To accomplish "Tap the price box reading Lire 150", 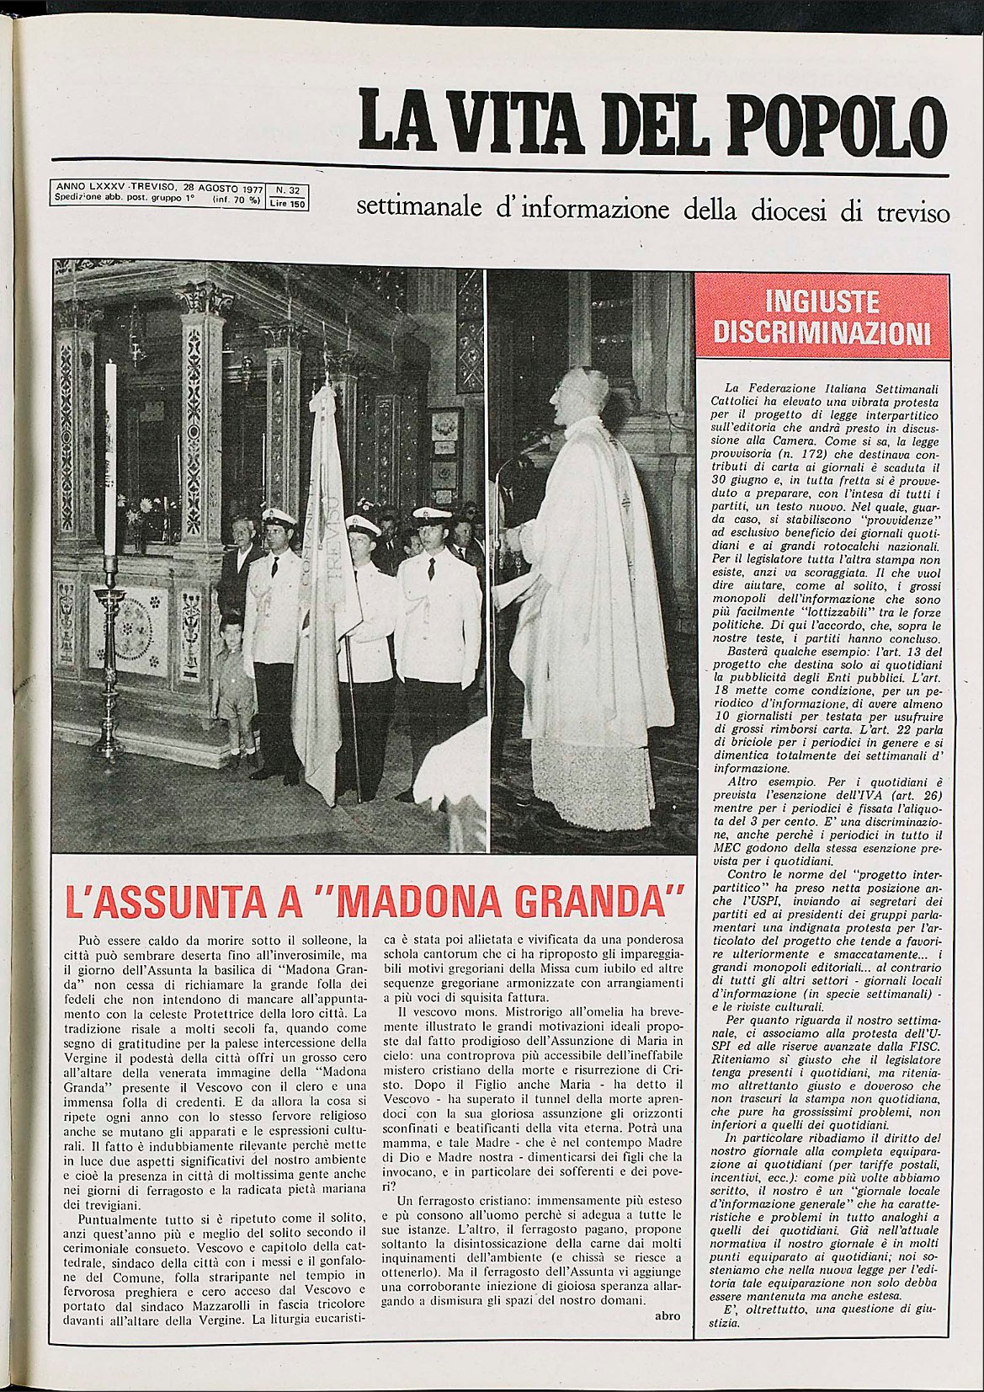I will pos(287,204).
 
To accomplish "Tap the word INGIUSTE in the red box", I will pos(822,301).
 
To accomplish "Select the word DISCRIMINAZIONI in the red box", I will pos(822,333).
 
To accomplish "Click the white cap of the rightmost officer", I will pos(432,514).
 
